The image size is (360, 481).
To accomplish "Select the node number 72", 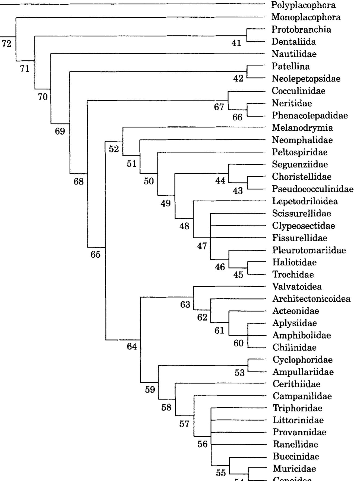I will [7, 43].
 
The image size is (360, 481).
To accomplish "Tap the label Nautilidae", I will [294, 54].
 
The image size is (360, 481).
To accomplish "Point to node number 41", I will [236, 43].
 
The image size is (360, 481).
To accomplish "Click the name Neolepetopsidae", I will [306, 79].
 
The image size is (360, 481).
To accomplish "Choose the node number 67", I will [219, 107].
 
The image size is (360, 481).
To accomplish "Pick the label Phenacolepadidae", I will [310, 115].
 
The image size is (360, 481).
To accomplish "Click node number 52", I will [114, 149].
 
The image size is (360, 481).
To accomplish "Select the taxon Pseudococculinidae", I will [313, 189].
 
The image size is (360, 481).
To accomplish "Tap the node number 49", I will [166, 203].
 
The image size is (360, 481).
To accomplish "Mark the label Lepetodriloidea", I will [305, 201].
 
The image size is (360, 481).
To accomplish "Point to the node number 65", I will [95, 255].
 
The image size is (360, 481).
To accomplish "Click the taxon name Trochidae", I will [293, 275].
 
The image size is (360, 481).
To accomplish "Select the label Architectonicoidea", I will [311, 299].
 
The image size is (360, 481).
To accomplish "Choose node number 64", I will [132, 346].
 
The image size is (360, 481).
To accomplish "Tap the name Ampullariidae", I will [303, 372].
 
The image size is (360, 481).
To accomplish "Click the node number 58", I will [166, 408].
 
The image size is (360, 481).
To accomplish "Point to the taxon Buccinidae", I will [296, 457].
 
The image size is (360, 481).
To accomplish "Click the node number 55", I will [221, 473].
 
